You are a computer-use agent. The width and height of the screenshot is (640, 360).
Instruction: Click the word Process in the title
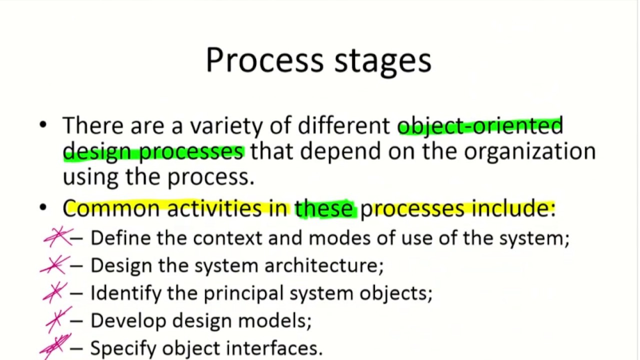pos(264,60)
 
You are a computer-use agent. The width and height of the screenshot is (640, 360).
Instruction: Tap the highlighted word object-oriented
pos(480,126)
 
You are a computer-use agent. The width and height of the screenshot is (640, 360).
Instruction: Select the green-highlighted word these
pos(324,208)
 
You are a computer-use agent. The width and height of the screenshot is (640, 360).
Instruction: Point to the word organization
pos(529,151)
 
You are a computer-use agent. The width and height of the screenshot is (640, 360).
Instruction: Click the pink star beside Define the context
pos(58,237)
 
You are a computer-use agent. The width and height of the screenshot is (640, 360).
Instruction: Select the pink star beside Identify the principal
pos(55,292)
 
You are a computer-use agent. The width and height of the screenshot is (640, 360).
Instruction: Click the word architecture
pos(324,265)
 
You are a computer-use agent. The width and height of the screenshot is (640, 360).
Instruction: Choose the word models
pos(274,320)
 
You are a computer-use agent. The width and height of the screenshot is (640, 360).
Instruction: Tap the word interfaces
pos(274,347)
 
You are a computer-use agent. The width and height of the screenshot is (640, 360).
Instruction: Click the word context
pos(227,238)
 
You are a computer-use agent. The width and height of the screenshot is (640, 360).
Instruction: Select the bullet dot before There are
pos(43,125)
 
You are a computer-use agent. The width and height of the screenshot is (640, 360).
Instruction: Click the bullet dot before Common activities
pos(43,207)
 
